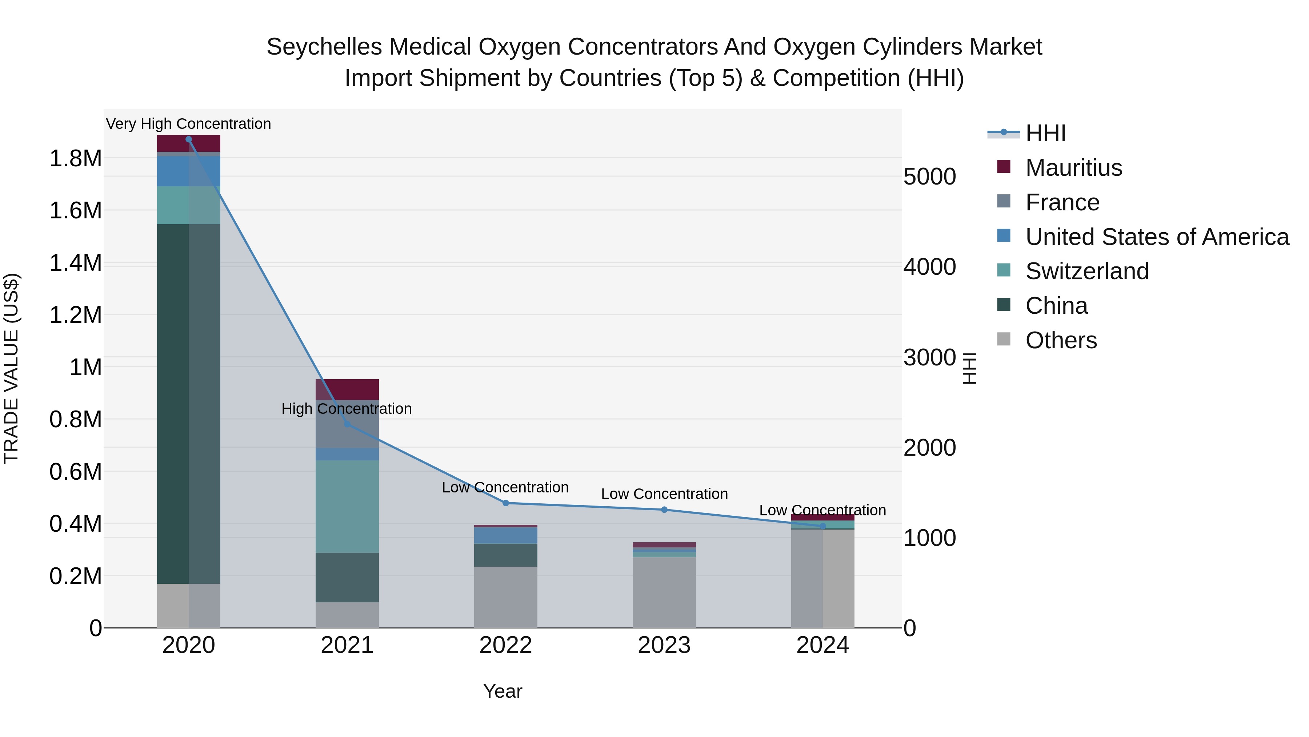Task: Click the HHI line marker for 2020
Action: click(188, 139)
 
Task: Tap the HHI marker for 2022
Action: click(506, 503)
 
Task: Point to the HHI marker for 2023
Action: click(664, 510)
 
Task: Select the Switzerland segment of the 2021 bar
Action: click(347, 506)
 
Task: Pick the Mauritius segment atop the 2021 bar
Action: click(347, 389)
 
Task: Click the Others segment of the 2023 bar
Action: click(664, 593)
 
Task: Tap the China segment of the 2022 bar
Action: click(506, 555)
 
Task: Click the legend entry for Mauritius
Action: click(1073, 168)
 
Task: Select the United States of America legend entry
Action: click(1157, 237)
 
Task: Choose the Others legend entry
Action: click(1061, 340)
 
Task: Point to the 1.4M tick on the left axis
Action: click(76, 263)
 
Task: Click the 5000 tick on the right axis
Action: click(929, 177)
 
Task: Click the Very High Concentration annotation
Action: click(188, 124)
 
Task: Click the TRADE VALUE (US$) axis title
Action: click(11, 368)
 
